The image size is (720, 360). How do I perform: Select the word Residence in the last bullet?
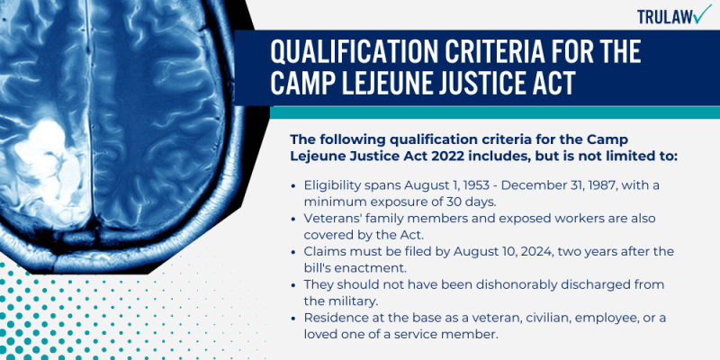tap(339, 318)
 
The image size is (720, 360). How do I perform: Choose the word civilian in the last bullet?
tap(524, 318)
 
